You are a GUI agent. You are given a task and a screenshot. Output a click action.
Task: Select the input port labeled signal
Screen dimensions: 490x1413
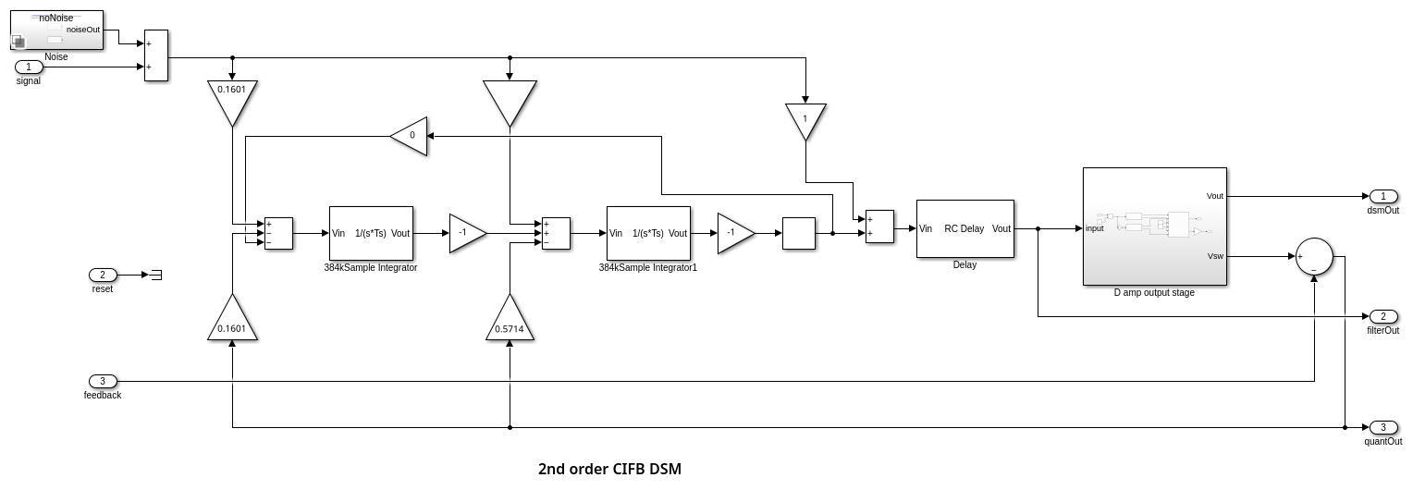[x=29, y=67]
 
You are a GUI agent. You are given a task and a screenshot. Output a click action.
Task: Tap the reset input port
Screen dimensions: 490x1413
[x=103, y=275]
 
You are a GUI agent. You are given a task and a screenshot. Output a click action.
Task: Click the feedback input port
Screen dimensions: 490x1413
[x=103, y=381]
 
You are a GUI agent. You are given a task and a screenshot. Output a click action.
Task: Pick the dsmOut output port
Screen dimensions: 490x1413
[x=1382, y=196]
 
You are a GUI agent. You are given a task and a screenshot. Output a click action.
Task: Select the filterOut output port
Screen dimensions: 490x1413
[x=1382, y=316]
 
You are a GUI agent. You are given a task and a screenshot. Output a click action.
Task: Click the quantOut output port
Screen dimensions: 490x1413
[x=1382, y=427]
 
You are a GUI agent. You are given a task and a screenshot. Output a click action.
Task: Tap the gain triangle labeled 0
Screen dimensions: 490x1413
[x=411, y=136]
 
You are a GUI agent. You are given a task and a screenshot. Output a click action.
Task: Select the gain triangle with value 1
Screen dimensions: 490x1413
[x=805, y=118]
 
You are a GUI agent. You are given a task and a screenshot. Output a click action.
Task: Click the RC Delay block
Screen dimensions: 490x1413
[x=965, y=228]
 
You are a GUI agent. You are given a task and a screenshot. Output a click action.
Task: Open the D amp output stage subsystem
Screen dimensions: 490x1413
[x=1154, y=227]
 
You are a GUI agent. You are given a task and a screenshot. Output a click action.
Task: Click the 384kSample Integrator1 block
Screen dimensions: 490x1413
[x=648, y=233]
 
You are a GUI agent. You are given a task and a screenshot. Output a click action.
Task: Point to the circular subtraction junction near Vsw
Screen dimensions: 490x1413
[x=1314, y=256]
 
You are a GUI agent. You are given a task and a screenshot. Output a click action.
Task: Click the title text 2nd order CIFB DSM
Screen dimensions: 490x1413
[x=609, y=469]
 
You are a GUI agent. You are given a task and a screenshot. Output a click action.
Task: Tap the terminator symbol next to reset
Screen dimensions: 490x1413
[x=156, y=275]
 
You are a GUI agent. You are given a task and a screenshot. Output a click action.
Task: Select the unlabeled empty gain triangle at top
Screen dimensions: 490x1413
[x=510, y=99]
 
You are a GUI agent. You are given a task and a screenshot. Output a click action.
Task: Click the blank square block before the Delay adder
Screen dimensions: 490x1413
[x=798, y=233]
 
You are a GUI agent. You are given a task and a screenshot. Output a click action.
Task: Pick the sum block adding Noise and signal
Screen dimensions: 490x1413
[x=156, y=55]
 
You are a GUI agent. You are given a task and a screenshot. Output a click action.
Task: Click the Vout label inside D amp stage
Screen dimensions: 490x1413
[x=1214, y=196]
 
